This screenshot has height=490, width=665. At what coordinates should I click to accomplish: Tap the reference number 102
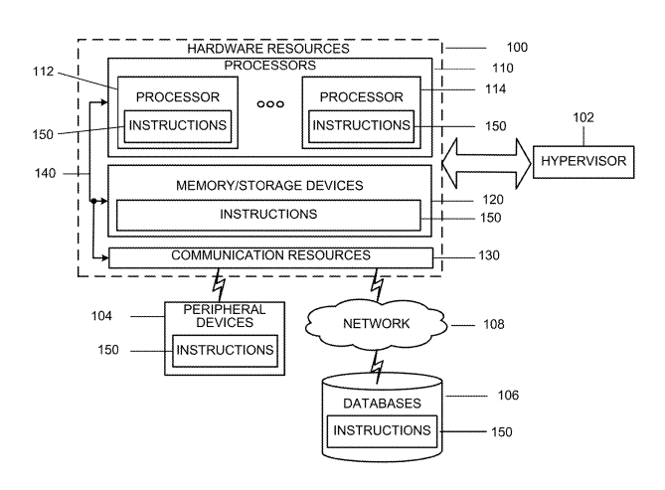pyautogui.click(x=582, y=117)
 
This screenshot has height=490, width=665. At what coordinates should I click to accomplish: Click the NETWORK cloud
pyautogui.click(x=378, y=323)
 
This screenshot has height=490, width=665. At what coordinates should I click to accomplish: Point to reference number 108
pyautogui.click(x=492, y=324)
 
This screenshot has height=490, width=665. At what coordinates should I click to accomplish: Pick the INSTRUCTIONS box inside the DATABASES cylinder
pyautogui.click(x=383, y=430)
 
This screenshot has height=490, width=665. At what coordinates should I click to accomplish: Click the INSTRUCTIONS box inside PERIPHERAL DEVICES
pyautogui.click(x=224, y=350)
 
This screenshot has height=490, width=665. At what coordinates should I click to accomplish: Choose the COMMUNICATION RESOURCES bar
pyautogui.click(x=270, y=256)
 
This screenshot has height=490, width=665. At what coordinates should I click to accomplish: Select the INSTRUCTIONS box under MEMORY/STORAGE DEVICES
pyautogui.click(x=268, y=214)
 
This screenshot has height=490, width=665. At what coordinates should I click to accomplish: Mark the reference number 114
pyautogui.click(x=494, y=89)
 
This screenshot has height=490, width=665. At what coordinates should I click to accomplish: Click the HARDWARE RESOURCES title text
pyautogui.click(x=268, y=48)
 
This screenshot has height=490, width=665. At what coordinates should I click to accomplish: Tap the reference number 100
pyautogui.click(x=517, y=47)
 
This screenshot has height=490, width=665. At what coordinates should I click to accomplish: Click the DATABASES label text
pyautogui.click(x=383, y=404)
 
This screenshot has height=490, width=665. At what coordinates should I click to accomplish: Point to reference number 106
pyautogui.click(x=507, y=395)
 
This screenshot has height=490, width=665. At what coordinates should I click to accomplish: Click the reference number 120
pyautogui.click(x=493, y=199)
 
